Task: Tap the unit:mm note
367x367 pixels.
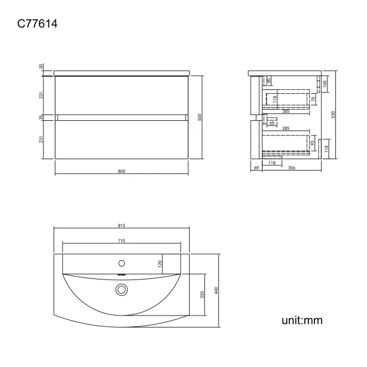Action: pyautogui.click(x=302, y=321)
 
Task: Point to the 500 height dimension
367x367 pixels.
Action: pyautogui.click(x=200, y=117)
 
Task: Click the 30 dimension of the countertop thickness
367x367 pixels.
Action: pyautogui.click(x=41, y=66)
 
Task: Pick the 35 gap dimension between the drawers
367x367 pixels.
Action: pyautogui.click(x=41, y=117)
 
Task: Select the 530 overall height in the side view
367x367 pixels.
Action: pyautogui.click(x=334, y=115)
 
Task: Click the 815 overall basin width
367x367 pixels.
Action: pyautogui.click(x=121, y=225)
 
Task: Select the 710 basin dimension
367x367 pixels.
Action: pyautogui.click(x=121, y=241)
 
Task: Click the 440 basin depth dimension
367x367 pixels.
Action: pyautogui.click(x=216, y=290)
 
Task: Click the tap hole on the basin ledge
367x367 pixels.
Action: pyautogui.click(x=121, y=263)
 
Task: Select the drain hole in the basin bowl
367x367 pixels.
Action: pyautogui.click(x=121, y=290)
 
